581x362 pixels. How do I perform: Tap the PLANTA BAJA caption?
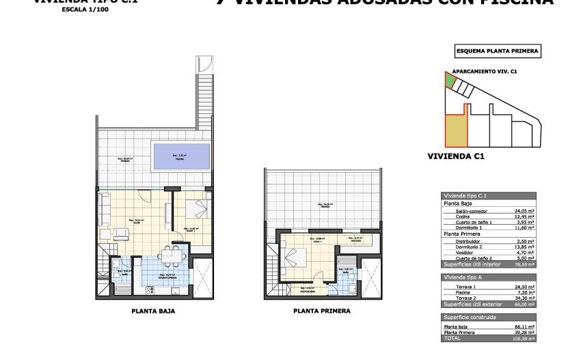(x=153, y=311)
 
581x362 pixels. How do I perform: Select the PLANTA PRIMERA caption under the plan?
(x=321, y=311)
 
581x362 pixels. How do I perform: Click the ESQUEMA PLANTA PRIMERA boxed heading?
(x=497, y=51)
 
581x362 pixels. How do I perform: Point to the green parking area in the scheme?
(x=449, y=80)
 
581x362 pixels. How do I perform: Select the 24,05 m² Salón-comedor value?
(x=524, y=211)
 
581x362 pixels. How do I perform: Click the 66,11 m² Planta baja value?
(x=524, y=327)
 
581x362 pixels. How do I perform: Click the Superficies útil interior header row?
(x=489, y=263)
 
